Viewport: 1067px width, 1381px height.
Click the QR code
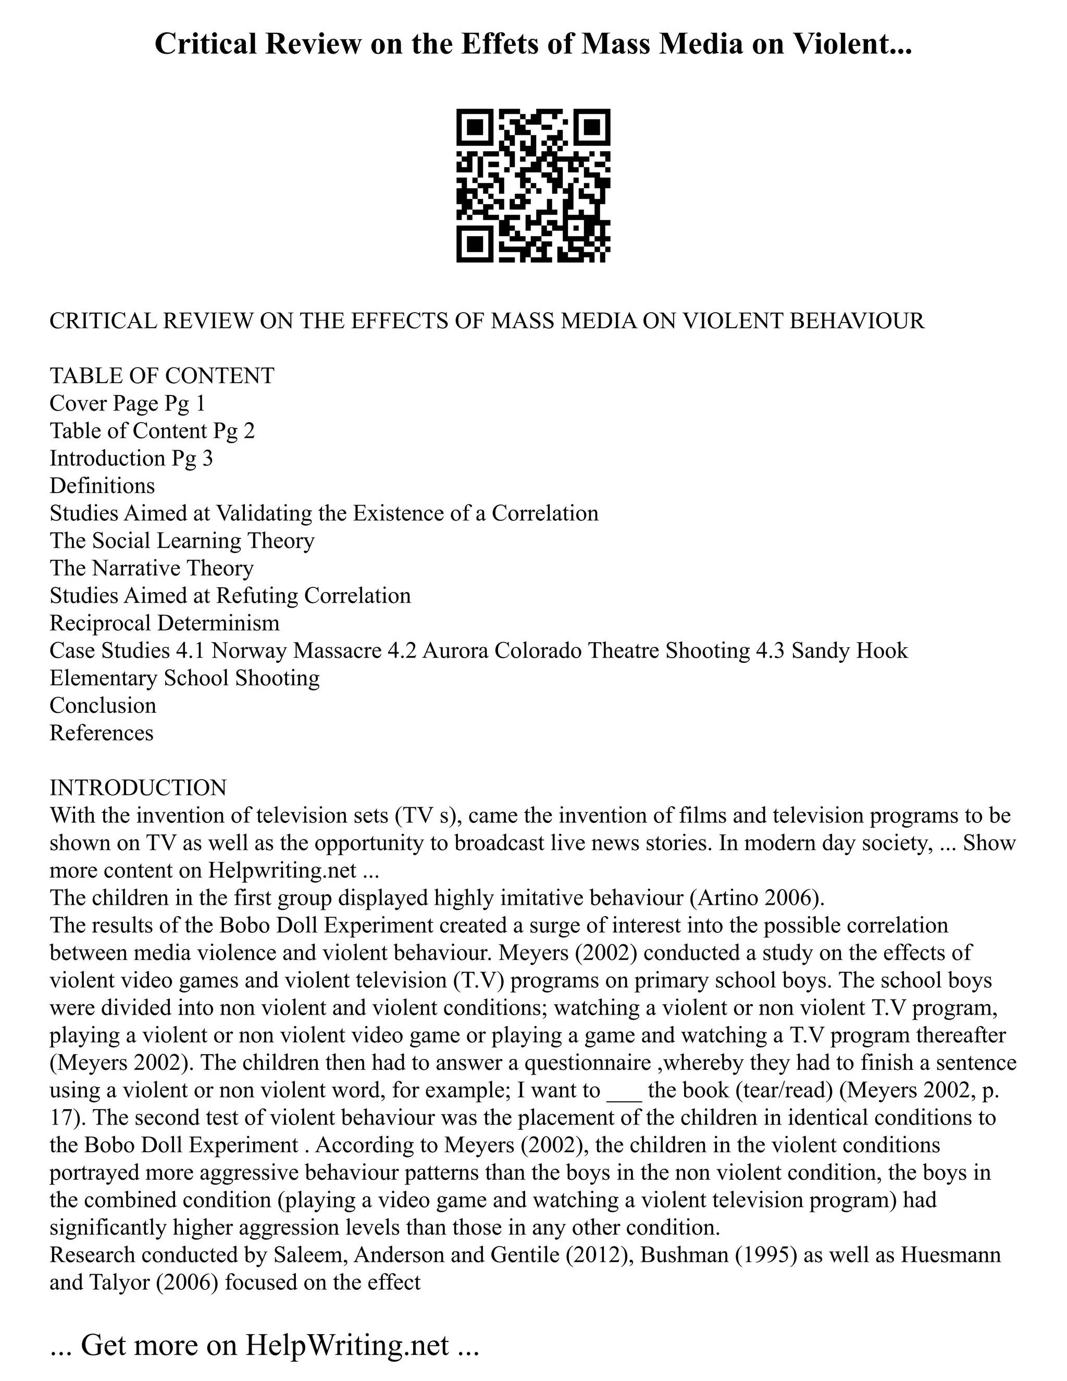click(x=533, y=186)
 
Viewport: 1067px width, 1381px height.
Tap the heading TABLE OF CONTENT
click(x=162, y=376)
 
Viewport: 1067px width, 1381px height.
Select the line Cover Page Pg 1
click(x=127, y=403)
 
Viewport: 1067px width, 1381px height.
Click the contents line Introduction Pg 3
click(x=131, y=458)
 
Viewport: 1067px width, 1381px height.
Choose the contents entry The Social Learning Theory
click(x=181, y=540)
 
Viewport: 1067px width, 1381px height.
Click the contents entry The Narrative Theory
click(x=152, y=568)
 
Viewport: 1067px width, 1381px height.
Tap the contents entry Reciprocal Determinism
click(x=164, y=623)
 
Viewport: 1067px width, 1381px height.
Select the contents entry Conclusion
click(x=103, y=705)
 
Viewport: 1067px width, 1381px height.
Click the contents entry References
click(x=101, y=733)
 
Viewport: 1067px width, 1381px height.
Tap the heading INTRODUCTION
click(x=138, y=788)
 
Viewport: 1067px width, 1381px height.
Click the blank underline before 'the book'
click(x=624, y=1091)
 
